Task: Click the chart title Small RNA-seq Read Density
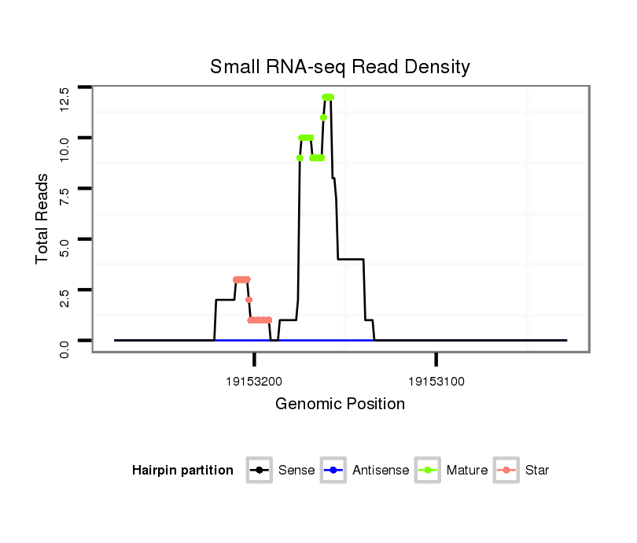[x=340, y=67]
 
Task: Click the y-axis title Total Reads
[x=42, y=218]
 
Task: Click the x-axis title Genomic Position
[x=340, y=404]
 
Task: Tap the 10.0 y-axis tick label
[x=65, y=147]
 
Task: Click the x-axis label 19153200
[x=254, y=382]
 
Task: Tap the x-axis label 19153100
[x=436, y=382]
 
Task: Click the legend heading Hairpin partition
[x=182, y=471]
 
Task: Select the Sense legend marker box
[x=260, y=471]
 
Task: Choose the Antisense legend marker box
[x=333, y=471]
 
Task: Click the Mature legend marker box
[x=428, y=471]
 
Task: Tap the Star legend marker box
[x=506, y=471]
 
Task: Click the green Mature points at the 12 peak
[x=328, y=97]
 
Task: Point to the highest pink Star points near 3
[x=241, y=279]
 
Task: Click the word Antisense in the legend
[x=381, y=471]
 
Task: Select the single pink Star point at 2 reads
[x=249, y=300]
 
